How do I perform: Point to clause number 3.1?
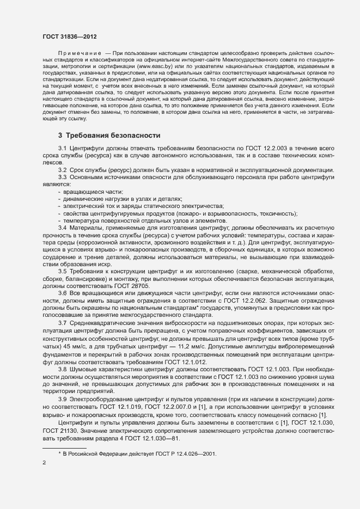tap(62, 149)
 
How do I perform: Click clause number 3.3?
tap(62, 177)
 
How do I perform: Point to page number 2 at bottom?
tap(44, 463)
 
